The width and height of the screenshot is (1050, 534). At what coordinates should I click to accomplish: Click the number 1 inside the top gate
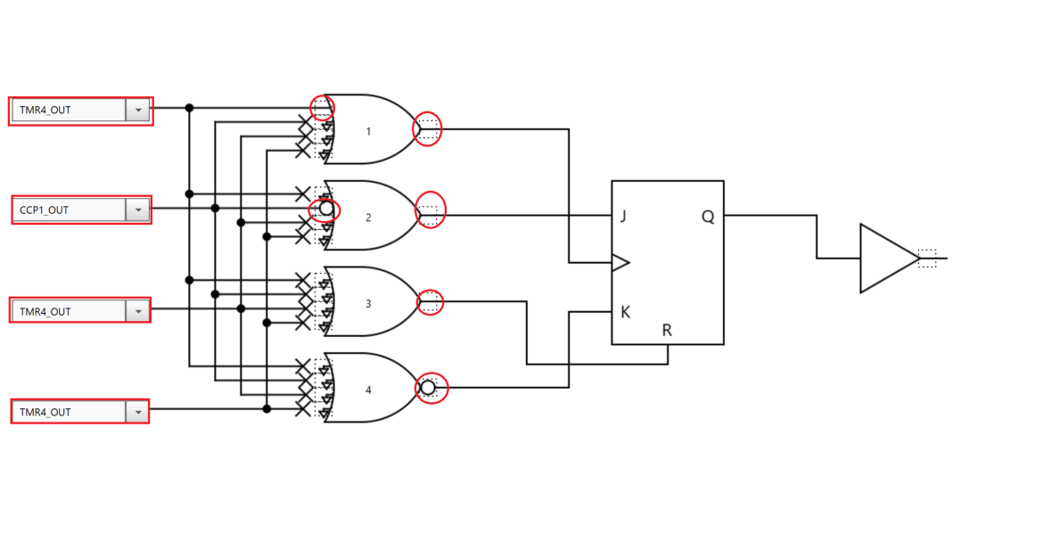(x=369, y=131)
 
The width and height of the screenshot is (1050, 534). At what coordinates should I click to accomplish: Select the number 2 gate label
(x=369, y=217)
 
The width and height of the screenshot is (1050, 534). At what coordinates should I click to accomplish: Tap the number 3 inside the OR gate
(x=369, y=303)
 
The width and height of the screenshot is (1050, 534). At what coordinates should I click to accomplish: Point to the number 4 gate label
(x=369, y=390)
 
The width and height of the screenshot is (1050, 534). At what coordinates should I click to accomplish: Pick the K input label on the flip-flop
(x=626, y=312)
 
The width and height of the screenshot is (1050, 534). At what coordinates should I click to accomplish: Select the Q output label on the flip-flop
(x=708, y=217)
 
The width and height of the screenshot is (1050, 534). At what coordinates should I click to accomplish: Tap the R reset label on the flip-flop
(x=667, y=331)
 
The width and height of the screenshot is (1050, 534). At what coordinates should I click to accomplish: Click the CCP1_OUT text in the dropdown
(x=45, y=210)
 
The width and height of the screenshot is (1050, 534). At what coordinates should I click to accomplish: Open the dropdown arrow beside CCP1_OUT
(x=138, y=210)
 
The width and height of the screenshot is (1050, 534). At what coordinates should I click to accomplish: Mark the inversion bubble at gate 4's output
(x=428, y=388)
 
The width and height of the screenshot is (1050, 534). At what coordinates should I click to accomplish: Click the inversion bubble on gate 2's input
(x=326, y=209)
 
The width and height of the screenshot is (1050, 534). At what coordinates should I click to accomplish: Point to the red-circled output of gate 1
(x=428, y=129)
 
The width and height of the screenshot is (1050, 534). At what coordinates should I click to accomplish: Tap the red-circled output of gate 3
(x=430, y=302)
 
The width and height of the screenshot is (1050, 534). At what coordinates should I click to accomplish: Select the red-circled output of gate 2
(x=430, y=210)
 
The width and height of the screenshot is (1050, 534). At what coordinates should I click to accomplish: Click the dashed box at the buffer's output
(x=927, y=259)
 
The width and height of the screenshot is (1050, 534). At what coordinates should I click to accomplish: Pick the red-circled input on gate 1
(x=322, y=108)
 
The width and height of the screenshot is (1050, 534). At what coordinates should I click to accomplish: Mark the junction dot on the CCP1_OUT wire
(x=215, y=208)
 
